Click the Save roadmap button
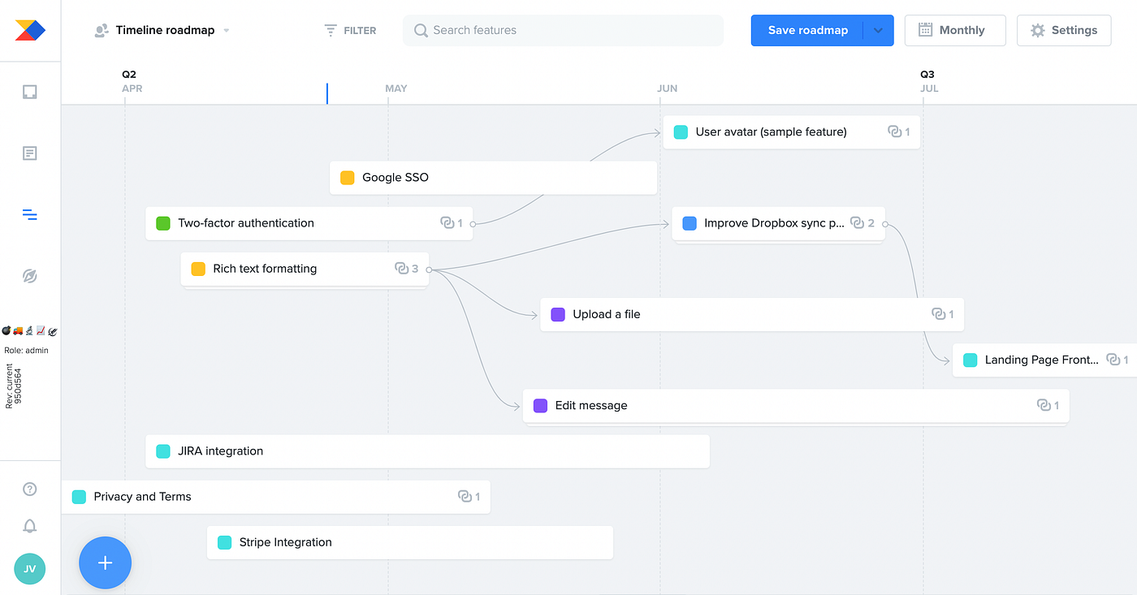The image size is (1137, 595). point(807,30)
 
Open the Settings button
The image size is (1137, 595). point(1064,30)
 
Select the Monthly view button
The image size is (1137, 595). point(955,30)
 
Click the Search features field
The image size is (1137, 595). point(563,30)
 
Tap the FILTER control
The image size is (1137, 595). point(350,30)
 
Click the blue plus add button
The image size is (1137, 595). point(105,563)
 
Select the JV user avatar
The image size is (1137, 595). point(29,569)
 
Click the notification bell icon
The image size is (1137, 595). point(30,526)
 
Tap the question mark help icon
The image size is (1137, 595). point(30,489)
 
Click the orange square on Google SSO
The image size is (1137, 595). point(348,178)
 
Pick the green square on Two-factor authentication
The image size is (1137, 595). point(163,223)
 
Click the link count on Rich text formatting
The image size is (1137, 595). point(407,269)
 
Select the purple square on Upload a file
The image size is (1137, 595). point(558,314)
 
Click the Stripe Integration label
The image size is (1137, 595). point(285,542)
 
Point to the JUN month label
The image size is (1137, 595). point(667,88)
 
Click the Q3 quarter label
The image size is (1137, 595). point(927,74)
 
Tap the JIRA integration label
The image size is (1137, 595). point(220,451)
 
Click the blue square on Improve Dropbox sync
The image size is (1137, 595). point(690,223)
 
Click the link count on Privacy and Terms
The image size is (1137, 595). point(469,497)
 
